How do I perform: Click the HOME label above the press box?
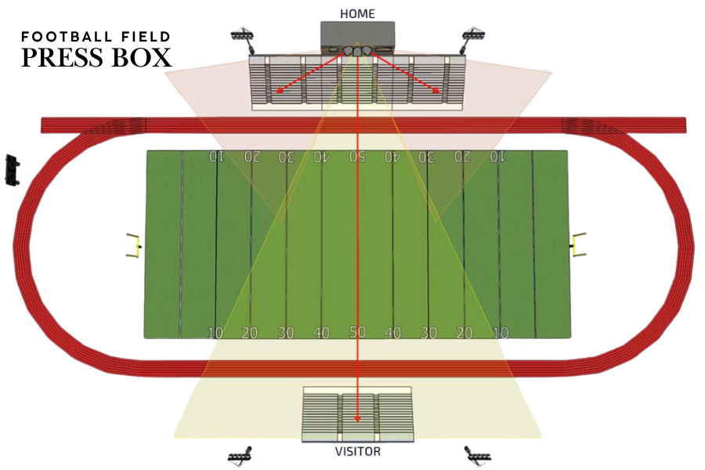(x=357, y=14)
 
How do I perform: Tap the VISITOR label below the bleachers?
(x=358, y=451)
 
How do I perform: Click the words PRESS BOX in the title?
(x=96, y=57)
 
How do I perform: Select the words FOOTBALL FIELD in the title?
(x=96, y=37)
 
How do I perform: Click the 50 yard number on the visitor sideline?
(x=357, y=331)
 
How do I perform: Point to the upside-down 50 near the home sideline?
(x=357, y=157)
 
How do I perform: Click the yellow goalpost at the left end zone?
(x=133, y=245)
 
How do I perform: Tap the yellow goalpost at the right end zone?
(x=579, y=245)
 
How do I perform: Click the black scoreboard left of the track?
(x=12, y=170)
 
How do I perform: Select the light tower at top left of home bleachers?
(x=244, y=39)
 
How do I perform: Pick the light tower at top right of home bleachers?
(x=472, y=39)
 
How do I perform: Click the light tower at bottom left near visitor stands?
(x=241, y=457)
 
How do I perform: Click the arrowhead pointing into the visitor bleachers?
(x=357, y=418)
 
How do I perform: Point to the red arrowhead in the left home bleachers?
(x=280, y=90)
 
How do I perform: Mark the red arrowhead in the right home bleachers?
(x=436, y=90)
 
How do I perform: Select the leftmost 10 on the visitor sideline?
(x=215, y=333)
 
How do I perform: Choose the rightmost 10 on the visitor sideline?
(x=501, y=333)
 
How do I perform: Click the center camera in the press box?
(x=357, y=51)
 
